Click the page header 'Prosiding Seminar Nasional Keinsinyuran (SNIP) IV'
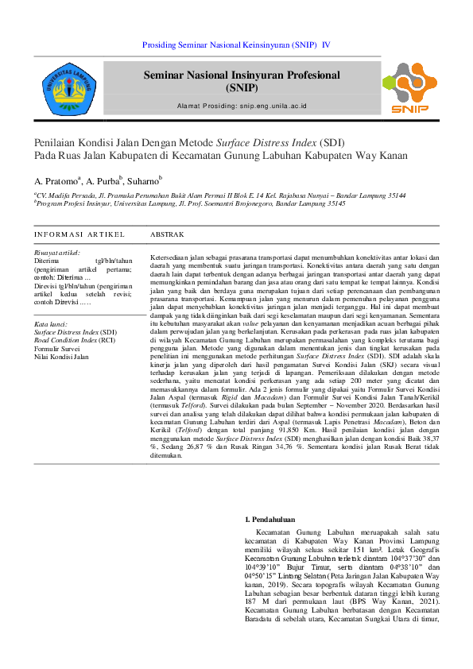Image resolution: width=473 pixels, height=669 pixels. (236, 46)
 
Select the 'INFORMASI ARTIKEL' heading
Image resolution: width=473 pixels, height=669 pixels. (79, 235)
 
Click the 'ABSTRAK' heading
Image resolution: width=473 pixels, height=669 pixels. (167, 235)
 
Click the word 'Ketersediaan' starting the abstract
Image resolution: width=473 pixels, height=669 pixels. (171, 259)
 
